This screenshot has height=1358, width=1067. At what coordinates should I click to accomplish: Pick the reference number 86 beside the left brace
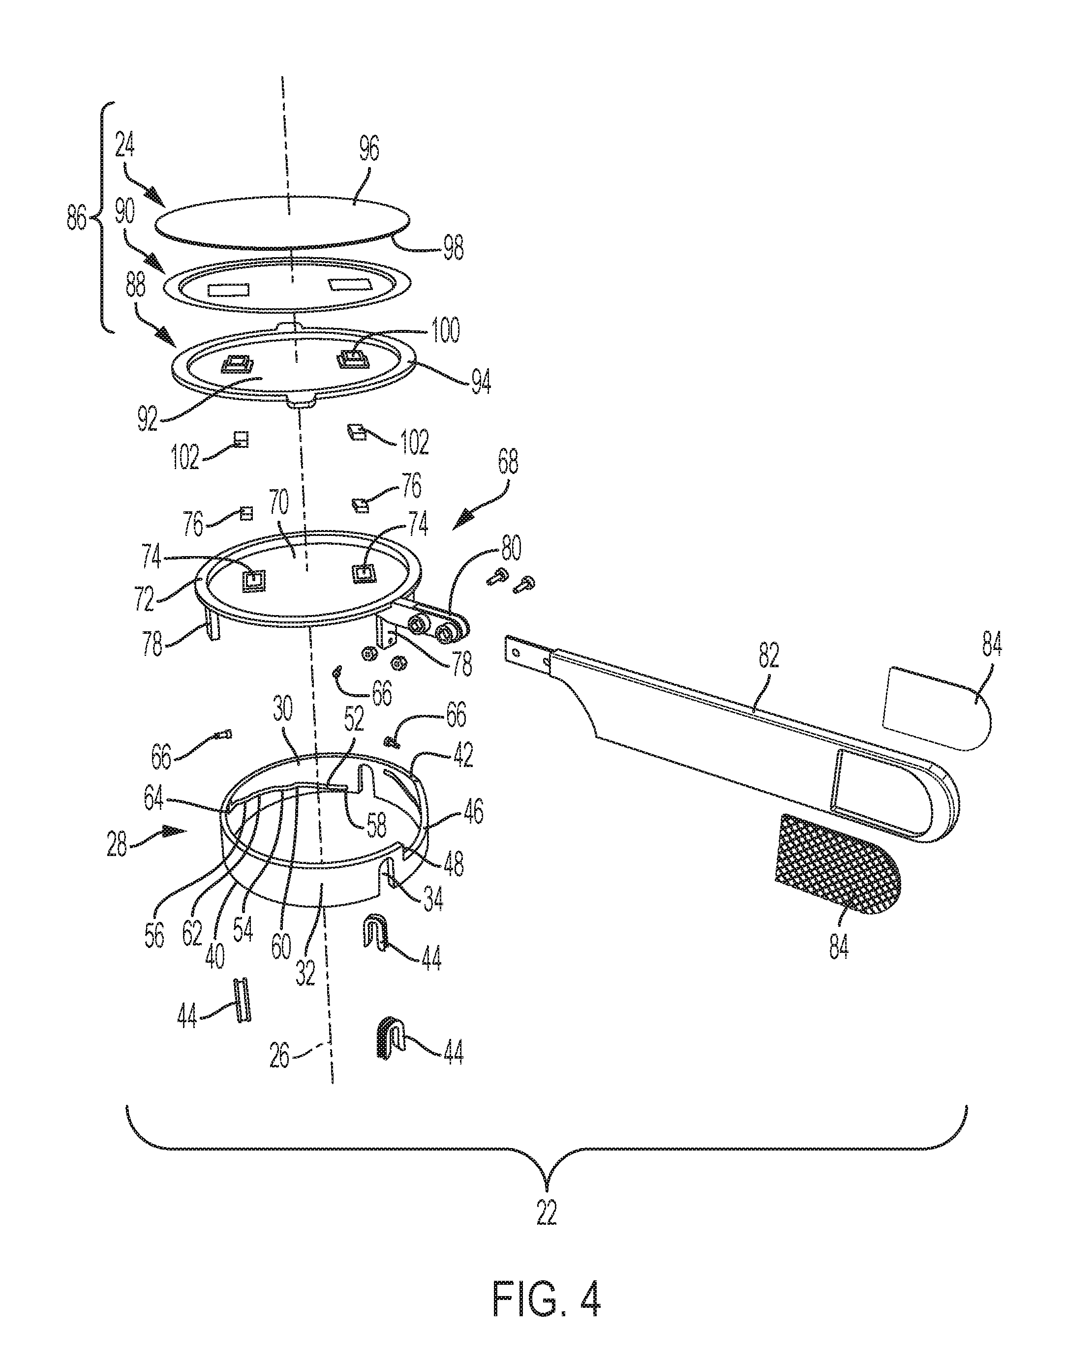(x=77, y=220)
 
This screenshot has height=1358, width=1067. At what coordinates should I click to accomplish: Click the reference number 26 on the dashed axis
(x=280, y=1057)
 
